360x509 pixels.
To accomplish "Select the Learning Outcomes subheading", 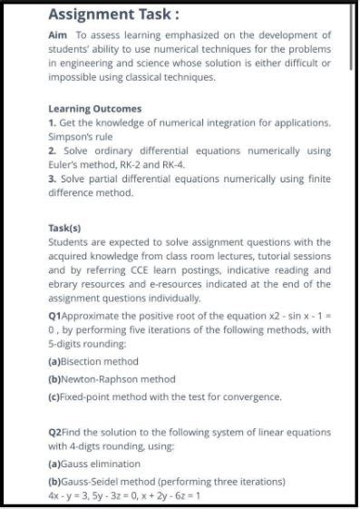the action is tap(94, 108).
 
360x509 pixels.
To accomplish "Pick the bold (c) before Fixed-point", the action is tap(55, 396).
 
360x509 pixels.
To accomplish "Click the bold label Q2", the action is tap(55, 432).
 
